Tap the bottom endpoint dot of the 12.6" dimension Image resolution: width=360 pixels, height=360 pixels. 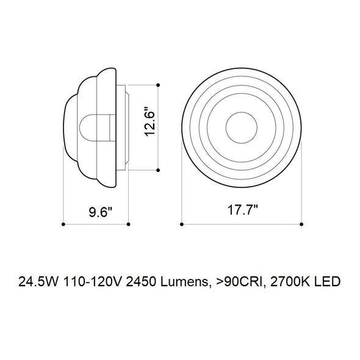click(x=158, y=170)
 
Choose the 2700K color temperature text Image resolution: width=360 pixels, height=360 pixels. click(x=287, y=282)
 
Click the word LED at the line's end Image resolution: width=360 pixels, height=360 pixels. click(x=326, y=282)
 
